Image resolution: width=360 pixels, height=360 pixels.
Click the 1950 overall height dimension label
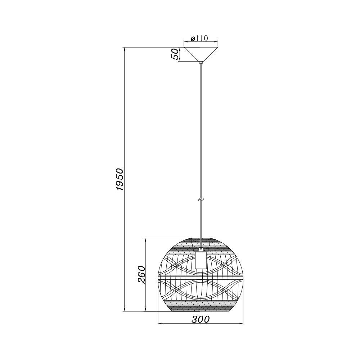pyautogui.click(x=120, y=179)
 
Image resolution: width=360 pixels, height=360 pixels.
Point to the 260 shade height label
pyautogui.click(x=141, y=274)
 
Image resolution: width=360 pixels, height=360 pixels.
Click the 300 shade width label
pyautogui.click(x=201, y=319)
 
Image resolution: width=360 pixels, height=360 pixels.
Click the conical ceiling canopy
pyautogui.click(x=201, y=53)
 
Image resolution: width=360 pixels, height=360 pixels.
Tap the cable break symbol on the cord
pyautogui.click(x=201, y=199)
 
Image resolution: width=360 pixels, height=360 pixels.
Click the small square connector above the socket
pyautogui.click(x=201, y=249)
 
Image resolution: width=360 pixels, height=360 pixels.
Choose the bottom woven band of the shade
pyautogui.click(x=201, y=306)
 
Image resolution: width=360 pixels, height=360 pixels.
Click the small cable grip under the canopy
pyautogui.click(x=201, y=63)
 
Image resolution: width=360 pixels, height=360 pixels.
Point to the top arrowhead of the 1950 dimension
pyautogui.click(x=124, y=49)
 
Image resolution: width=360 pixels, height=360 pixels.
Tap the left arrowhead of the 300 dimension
pyautogui.click(x=161, y=323)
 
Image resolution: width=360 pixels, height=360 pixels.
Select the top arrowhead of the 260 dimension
pyautogui.click(x=145, y=240)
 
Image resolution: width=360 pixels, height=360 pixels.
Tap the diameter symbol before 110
pyautogui.click(x=193, y=39)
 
